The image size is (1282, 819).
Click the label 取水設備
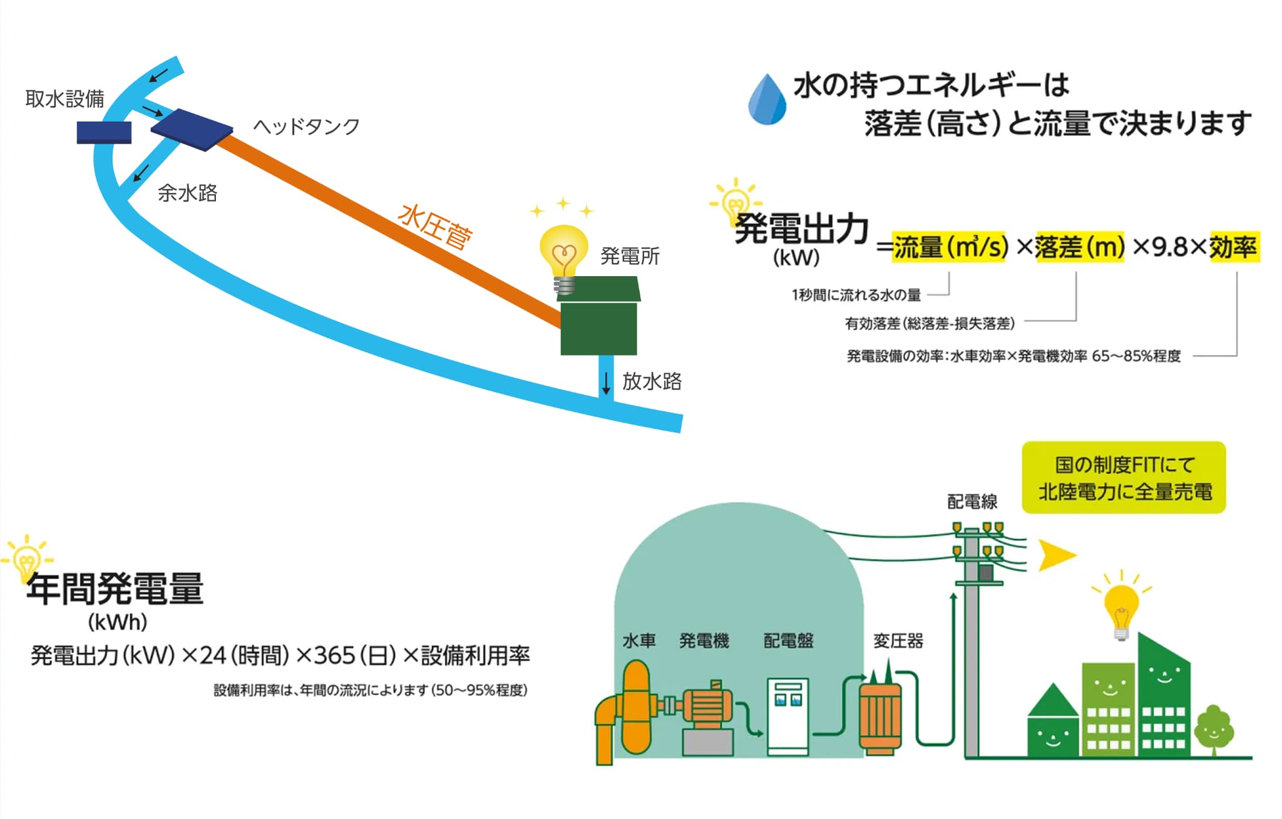coord(64,99)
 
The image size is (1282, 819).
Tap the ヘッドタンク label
coord(306,126)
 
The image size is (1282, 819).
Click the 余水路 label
coord(187,193)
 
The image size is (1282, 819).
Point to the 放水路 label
coord(652,381)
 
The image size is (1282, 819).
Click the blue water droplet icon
coord(767,100)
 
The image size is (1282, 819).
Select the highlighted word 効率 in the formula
coord(1233,247)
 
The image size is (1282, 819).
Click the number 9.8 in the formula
coord(1169,247)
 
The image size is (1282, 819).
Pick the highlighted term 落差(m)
coord(1079,247)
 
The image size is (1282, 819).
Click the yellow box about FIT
coord(1124,478)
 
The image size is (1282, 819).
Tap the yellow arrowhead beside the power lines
coord(1056,555)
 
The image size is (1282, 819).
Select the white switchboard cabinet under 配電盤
coord(788,716)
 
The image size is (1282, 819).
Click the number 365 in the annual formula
coord(334,656)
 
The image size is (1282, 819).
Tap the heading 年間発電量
coord(115,589)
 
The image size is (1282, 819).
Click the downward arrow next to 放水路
coord(605,383)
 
